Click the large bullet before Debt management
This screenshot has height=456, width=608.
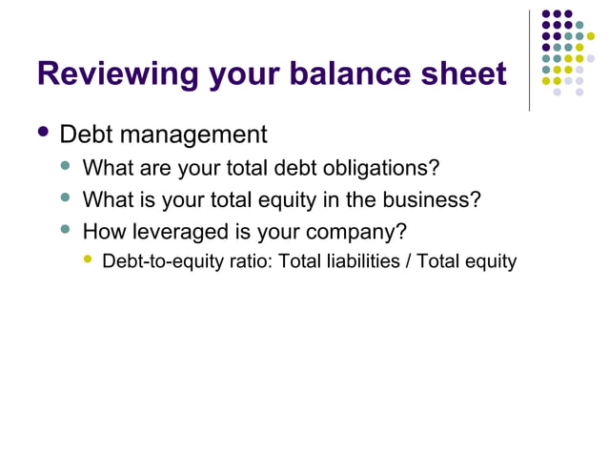[x=43, y=133]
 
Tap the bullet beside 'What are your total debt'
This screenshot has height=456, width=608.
[x=66, y=168]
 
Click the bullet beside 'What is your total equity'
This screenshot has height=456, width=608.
[x=66, y=198]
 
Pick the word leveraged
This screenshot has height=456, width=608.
[x=177, y=231]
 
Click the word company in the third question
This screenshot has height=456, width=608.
[x=360, y=231]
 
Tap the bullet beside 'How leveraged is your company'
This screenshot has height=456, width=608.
[x=66, y=229]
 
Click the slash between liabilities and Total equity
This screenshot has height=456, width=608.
[x=408, y=260]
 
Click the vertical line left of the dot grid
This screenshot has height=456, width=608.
[x=530, y=59]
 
